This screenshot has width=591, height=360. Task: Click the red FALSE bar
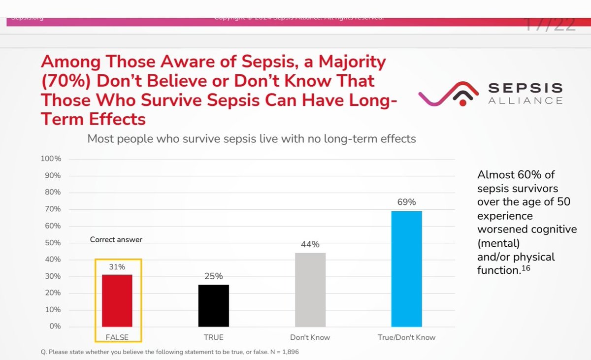tap(117, 300)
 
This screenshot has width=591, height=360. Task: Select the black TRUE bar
tap(214, 305)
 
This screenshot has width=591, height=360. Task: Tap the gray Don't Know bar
tap(310, 290)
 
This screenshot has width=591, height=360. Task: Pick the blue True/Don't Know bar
tap(407, 268)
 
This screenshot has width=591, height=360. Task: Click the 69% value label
tap(407, 202)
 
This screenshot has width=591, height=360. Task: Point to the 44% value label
tap(310, 244)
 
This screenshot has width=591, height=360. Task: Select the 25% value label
tap(214, 276)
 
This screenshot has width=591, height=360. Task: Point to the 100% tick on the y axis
tap(51, 159)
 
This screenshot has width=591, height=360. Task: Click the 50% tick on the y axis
tap(53, 243)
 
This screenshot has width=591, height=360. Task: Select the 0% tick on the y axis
tap(55, 327)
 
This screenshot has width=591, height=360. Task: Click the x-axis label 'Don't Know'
tap(310, 337)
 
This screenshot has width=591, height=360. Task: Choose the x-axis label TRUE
tap(214, 337)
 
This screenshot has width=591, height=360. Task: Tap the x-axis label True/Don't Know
tap(407, 337)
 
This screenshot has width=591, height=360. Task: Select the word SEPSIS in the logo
tap(525, 88)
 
